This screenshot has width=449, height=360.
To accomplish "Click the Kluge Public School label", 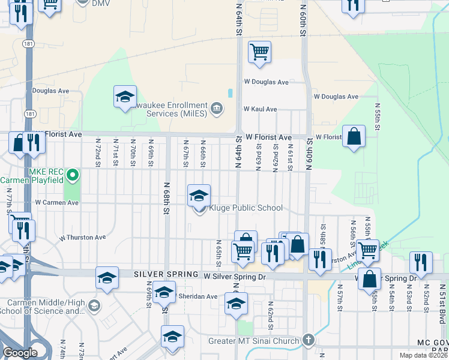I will tap(245, 208).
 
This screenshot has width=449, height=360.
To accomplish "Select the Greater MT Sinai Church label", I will tap(254, 342).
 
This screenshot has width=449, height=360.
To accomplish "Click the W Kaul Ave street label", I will tap(260, 109).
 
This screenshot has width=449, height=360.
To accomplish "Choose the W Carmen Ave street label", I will tap(56, 203).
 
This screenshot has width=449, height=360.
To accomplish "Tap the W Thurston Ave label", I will tap(83, 238).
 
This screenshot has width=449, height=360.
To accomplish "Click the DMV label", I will tap(101, 3).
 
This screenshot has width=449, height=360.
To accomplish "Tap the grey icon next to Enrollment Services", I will tap(217, 109).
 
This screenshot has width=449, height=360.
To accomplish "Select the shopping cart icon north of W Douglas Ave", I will tap(259, 52).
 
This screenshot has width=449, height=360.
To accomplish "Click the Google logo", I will tap(20, 353).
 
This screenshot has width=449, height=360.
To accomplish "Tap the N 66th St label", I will tap(203, 154).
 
